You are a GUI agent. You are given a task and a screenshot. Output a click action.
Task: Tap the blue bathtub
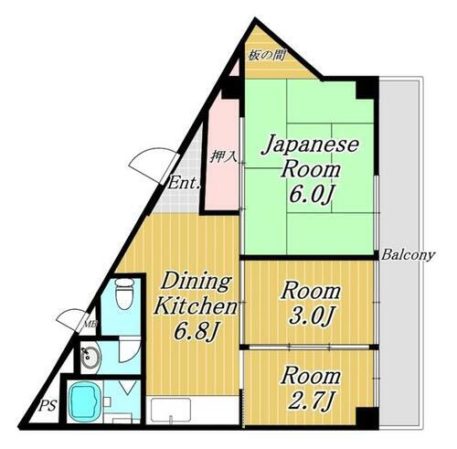point(83,399)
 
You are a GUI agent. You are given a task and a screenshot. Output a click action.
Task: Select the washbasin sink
point(89,359)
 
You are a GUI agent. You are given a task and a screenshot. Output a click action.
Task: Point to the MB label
point(90,322)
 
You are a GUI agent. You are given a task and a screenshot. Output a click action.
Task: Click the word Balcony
point(409,255)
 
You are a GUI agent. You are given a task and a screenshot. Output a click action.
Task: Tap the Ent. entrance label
point(184,183)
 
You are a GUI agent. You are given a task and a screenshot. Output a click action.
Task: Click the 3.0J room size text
point(312,315)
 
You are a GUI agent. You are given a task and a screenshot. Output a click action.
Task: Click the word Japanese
point(311,145)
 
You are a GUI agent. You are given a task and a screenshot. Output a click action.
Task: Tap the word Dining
point(197,281)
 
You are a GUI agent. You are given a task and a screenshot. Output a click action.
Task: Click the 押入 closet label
point(223,156)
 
